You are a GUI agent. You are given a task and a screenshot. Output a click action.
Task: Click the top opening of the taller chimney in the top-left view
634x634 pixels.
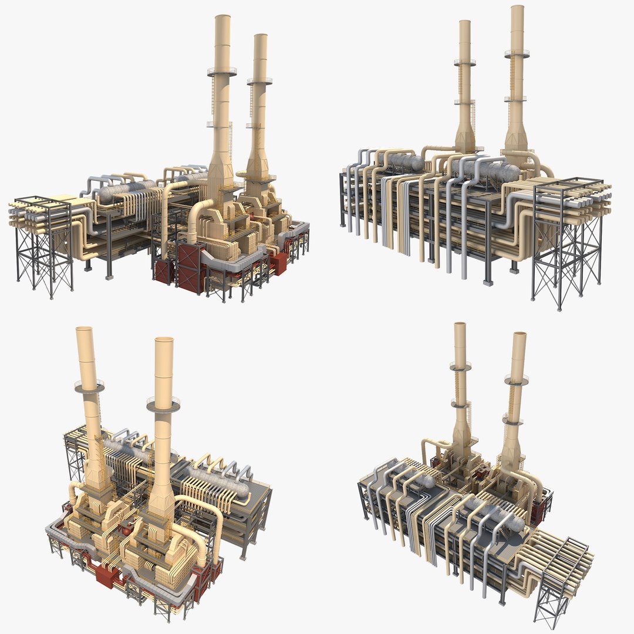222,17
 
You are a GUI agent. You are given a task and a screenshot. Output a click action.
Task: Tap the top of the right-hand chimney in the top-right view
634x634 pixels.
517,8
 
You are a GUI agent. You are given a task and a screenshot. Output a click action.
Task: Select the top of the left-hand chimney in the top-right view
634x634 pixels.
464,22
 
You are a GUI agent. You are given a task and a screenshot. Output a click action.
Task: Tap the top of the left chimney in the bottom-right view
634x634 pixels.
460,325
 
